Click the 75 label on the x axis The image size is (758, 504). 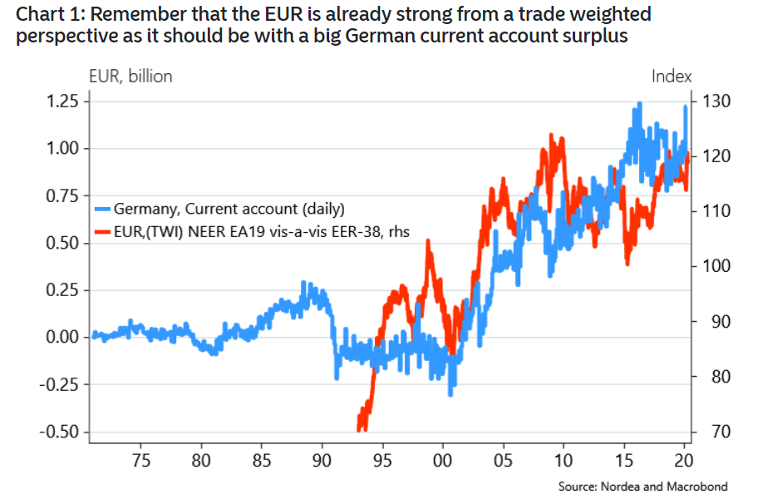tap(140, 460)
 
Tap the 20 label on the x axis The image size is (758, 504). tap(682, 460)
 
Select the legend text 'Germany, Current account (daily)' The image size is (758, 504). tap(229, 209)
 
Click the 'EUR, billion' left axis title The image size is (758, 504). tap(130, 77)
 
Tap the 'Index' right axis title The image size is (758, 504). tap(672, 77)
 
